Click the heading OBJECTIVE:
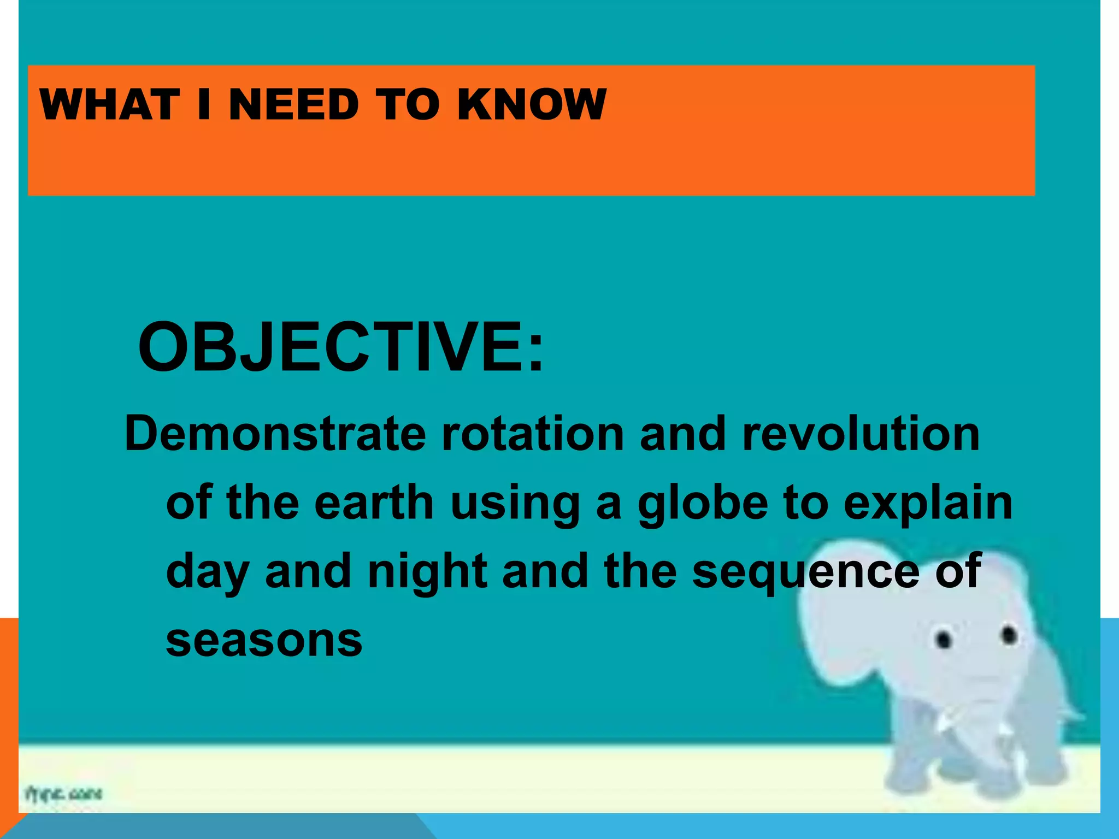click(341, 348)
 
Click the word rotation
click(533, 434)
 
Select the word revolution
click(861, 434)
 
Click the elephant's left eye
click(944, 639)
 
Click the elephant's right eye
click(1009, 635)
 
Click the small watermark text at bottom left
click(63, 793)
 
